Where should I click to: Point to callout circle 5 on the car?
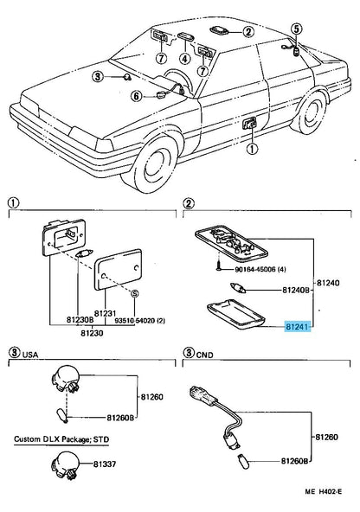295,29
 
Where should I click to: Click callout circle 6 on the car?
137,95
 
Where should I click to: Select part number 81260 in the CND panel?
328,438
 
